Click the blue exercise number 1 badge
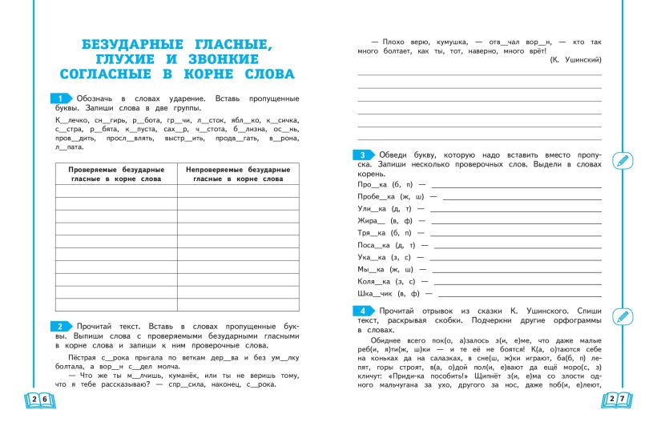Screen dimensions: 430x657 pyautogui.click(x=61, y=97)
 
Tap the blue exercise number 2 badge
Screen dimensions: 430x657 pyautogui.click(x=61, y=326)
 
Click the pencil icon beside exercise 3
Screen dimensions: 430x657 pyautogui.click(x=621, y=160)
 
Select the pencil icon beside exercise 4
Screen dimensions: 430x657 pyautogui.click(x=621, y=315)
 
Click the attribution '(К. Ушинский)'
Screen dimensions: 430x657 pyautogui.click(x=575, y=60)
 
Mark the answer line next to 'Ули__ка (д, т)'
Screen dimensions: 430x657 pyautogui.click(x=515, y=209)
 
